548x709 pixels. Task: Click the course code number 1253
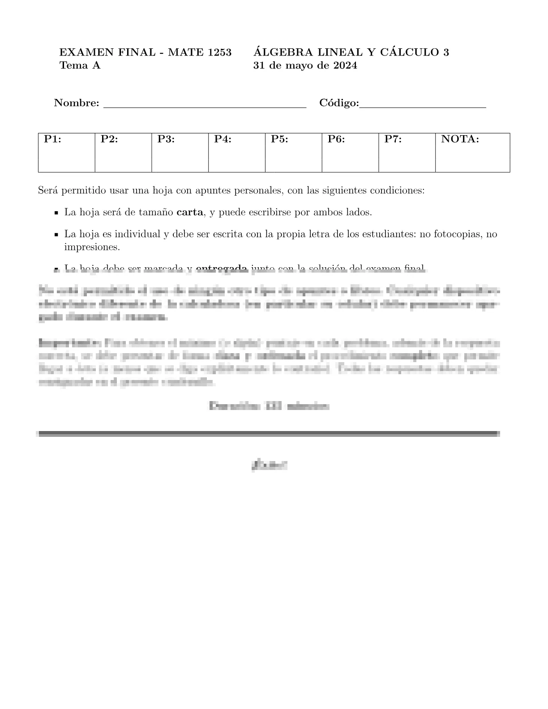point(219,52)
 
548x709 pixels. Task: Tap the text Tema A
point(80,66)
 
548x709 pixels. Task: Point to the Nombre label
point(77,103)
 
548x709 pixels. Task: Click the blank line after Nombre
point(205,105)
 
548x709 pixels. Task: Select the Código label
point(339,103)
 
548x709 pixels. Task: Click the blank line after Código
point(423,105)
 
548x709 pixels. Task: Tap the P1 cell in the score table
point(66,152)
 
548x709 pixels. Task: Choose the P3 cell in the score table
point(180,152)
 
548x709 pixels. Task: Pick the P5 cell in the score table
point(293,152)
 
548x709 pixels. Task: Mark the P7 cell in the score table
point(407,152)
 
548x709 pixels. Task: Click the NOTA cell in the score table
point(472,152)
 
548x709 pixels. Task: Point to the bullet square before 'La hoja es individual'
point(56,235)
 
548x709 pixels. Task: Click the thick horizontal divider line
point(269,433)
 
